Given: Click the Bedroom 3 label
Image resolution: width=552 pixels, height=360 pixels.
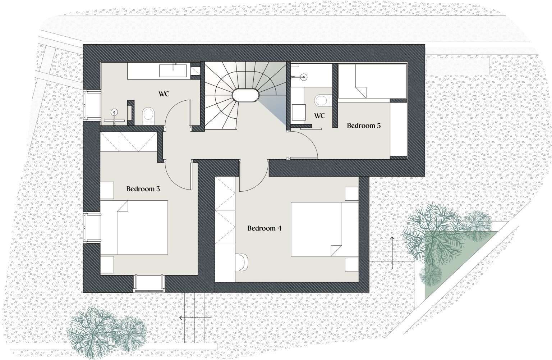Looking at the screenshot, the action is (x=143, y=189).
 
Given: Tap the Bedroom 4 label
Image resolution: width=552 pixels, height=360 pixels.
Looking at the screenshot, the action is (x=264, y=228).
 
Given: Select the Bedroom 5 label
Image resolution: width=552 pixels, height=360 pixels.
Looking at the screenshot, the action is (x=364, y=126).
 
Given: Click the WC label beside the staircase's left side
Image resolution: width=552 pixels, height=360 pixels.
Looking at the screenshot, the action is (x=164, y=94).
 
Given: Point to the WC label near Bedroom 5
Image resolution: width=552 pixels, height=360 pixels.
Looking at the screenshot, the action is (x=319, y=116).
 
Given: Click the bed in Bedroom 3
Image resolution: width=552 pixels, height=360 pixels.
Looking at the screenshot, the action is (x=134, y=227).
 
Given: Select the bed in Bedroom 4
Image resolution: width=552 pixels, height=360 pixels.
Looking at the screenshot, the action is (x=325, y=229).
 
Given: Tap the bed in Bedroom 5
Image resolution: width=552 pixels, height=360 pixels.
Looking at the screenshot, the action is (x=372, y=81).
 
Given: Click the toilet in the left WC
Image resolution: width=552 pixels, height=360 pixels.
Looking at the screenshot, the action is (x=148, y=116).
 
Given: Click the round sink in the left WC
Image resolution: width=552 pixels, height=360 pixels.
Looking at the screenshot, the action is (x=114, y=112).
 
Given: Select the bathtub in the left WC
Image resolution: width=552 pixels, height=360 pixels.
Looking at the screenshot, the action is (x=173, y=71).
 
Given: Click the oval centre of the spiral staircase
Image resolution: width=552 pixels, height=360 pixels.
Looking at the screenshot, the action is (x=245, y=95).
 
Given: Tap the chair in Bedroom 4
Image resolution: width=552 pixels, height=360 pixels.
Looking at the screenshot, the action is (x=242, y=262).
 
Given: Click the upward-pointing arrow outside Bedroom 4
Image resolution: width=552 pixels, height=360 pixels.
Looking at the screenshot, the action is (x=392, y=253).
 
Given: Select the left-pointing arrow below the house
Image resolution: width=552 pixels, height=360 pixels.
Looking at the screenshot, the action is (x=195, y=318).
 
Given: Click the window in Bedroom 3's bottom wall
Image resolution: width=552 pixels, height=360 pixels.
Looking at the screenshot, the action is (x=149, y=283).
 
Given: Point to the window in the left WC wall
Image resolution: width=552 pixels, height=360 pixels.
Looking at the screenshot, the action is (x=92, y=105).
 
